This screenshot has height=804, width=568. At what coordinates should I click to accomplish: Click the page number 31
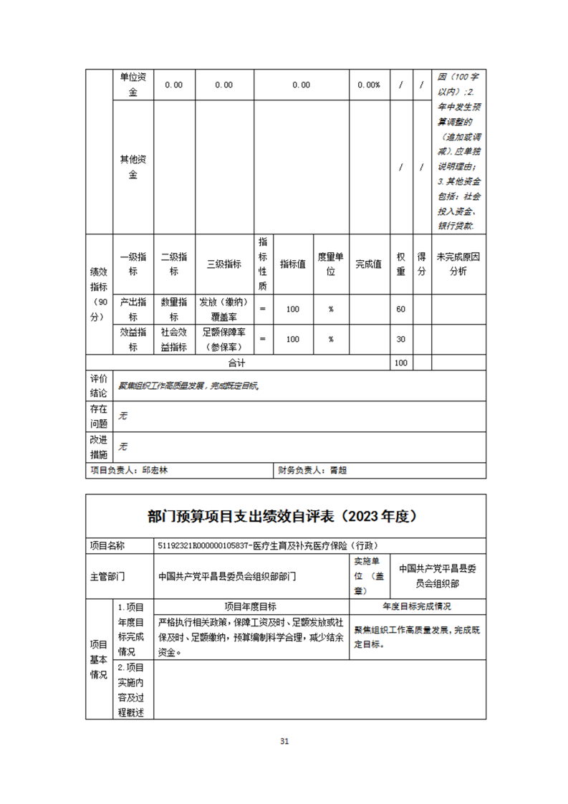[284, 742]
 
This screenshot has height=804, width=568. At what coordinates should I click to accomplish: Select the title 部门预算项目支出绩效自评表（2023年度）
[284, 516]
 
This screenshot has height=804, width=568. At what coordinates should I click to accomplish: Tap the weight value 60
[401, 309]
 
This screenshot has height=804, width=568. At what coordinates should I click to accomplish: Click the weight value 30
[401, 339]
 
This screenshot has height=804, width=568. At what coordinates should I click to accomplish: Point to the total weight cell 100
[401, 363]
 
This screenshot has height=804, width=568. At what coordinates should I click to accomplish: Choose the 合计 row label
[236, 363]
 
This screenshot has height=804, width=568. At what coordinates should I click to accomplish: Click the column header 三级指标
[223, 264]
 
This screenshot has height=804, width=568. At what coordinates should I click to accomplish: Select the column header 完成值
[368, 264]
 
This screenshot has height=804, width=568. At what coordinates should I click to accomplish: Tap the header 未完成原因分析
[458, 264]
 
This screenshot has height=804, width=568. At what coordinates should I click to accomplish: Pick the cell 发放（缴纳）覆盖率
[223, 309]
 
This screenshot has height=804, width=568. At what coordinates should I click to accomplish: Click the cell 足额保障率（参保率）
[223, 339]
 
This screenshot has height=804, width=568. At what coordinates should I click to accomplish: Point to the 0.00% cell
[368, 85]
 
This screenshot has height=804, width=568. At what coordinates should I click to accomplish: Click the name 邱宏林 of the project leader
[156, 471]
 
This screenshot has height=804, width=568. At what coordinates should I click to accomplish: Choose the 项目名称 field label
[107, 546]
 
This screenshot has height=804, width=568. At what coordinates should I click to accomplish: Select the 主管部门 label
[107, 576]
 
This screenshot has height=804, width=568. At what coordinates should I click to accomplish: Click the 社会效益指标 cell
[174, 339]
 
